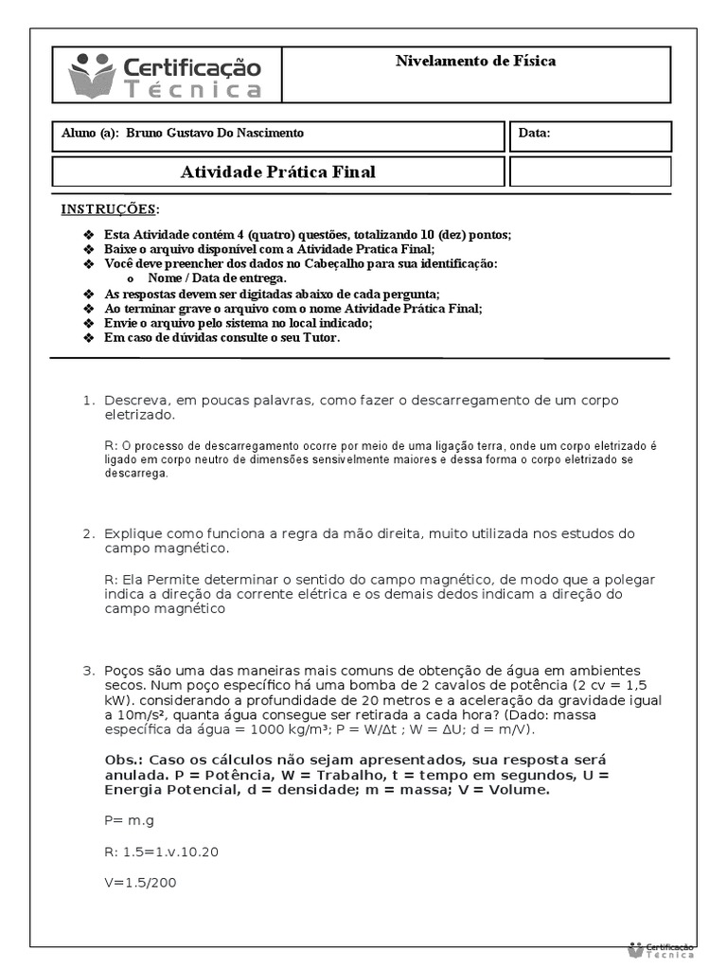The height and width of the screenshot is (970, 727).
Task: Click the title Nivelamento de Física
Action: tap(475, 62)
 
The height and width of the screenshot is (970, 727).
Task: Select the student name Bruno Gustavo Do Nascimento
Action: tap(216, 134)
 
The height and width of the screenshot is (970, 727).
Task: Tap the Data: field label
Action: tap(534, 134)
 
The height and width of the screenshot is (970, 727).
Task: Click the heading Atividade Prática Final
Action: tap(277, 171)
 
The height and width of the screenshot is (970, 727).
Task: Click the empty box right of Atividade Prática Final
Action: tap(590, 171)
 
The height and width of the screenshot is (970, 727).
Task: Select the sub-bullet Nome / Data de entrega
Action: tap(217, 278)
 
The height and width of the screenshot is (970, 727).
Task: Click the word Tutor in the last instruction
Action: tap(318, 337)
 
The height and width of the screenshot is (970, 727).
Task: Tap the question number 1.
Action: tap(89, 401)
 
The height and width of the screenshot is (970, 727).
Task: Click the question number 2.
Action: tap(89, 533)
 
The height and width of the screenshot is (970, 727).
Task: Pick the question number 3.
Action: tap(89, 670)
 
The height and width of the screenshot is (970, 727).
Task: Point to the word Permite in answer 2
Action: tap(176, 579)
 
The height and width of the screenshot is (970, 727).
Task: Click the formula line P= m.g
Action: tap(131, 820)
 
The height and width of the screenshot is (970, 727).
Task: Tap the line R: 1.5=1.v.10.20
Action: tap(161, 852)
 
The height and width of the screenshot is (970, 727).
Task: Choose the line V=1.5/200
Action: tap(140, 882)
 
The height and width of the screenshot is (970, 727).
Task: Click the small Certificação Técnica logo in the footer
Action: tap(661, 948)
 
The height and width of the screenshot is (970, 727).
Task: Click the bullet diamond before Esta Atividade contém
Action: tap(89, 235)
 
